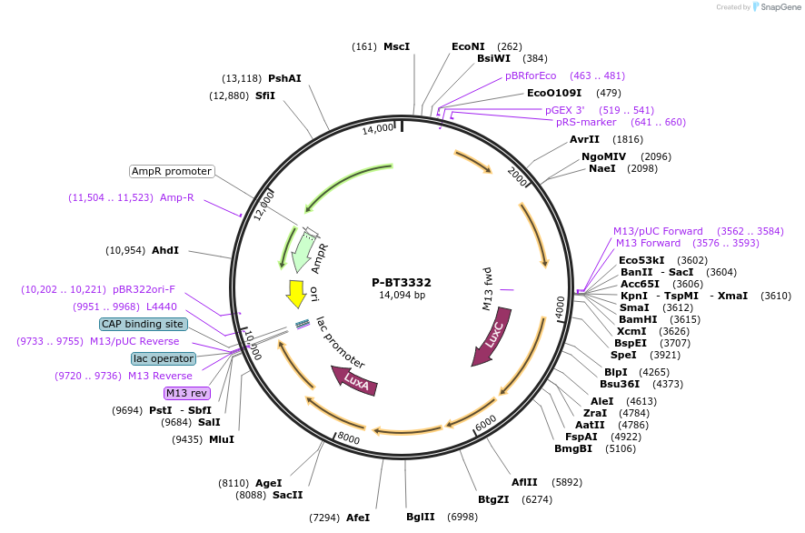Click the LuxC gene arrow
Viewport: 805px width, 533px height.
(491, 337)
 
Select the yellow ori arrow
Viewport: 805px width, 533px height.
(296, 293)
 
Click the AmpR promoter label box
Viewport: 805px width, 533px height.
(172, 171)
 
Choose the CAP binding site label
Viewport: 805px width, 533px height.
(144, 324)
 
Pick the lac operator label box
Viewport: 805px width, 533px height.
(164, 358)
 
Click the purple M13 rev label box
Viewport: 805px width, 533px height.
(186, 393)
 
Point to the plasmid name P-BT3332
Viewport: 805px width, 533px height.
(402, 282)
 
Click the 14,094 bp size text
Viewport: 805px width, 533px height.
(402, 295)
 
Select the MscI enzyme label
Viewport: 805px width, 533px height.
(396, 46)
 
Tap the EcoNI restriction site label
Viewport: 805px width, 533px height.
(468, 46)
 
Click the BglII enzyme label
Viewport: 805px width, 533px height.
(421, 517)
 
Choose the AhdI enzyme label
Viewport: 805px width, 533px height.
(165, 250)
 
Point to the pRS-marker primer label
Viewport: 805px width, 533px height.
(586, 122)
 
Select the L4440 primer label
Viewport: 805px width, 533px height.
(162, 307)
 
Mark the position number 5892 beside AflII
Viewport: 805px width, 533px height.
(566, 482)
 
